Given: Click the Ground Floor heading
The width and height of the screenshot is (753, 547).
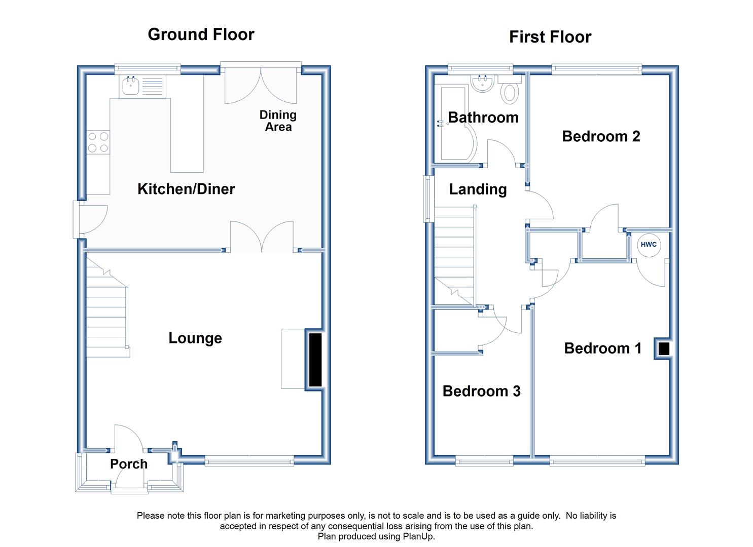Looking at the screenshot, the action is pyautogui.click(x=201, y=34).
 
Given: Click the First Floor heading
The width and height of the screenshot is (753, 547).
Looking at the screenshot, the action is pyautogui.click(x=550, y=36).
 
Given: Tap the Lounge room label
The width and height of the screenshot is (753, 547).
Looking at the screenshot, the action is pyautogui.click(x=195, y=338).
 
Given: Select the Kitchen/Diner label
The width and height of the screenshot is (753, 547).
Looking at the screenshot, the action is pyautogui.click(x=186, y=189).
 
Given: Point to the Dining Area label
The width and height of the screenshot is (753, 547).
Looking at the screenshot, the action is pyautogui.click(x=278, y=121).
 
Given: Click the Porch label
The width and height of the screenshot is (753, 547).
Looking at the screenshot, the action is pyautogui.click(x=129, y=464).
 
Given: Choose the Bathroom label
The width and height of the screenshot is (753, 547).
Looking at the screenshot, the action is pyautogui.click(x=483, y=118).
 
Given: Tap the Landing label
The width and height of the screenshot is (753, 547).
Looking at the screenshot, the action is pyautogui.click(x=478, y=189).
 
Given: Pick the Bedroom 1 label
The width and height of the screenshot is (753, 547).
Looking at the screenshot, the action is pyautogui.click(x=603, y=348).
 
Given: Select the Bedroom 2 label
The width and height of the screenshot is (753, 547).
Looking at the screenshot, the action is pyautogui.click(x=601, y=136).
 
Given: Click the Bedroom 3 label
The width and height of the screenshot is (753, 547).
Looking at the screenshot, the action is pyautogui.click(x=481, y=391).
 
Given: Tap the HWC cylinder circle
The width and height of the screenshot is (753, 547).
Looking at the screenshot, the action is pyautogui.click(x=649, y=245).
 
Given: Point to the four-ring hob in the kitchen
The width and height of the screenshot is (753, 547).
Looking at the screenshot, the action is pyautogui.click(x=98, y=142).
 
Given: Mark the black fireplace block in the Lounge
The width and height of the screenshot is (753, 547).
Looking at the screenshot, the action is pyautogui.click(x=315, y=360).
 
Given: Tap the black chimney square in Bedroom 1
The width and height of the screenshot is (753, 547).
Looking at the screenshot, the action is pyautogui.click(x=664, y=348).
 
